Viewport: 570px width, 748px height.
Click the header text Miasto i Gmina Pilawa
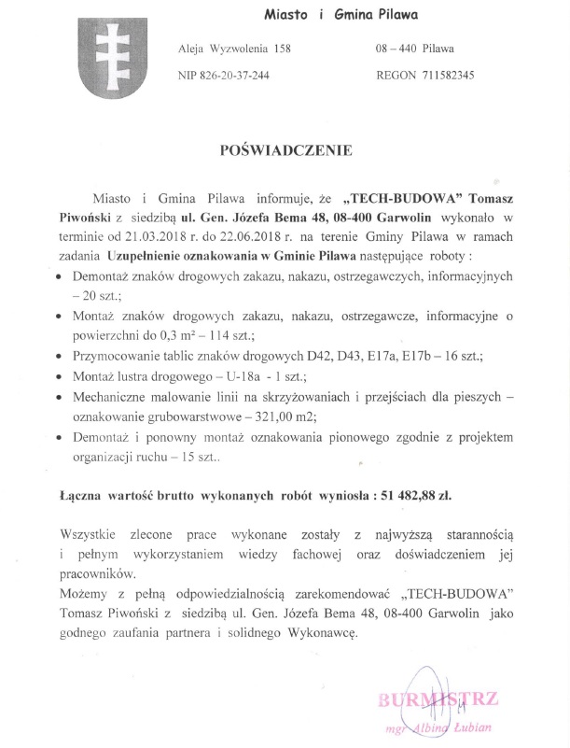click(341, 14)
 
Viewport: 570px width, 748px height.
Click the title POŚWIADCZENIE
click(285, 149)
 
